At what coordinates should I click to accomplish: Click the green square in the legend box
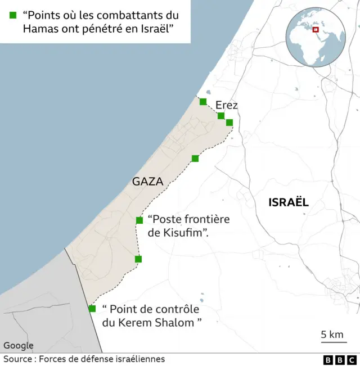pos(12,15)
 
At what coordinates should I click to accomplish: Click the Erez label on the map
pos(226,105)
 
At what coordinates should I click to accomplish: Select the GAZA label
pos(147,182)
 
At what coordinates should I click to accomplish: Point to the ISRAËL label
pos(289,202)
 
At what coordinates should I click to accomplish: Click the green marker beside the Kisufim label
pos(139,220)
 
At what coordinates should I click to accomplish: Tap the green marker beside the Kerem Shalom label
pos(92,308)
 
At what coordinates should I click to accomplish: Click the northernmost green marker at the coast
pos(203,102)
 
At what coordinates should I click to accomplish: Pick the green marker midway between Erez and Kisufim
pos(195,159)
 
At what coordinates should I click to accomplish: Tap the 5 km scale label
pos(332,335)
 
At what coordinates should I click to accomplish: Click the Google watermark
pos(19,346)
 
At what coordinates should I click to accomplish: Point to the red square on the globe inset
pos(316,30)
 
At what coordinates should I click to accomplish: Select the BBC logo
pos(340,360)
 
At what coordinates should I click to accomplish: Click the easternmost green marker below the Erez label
pos(229,122)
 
